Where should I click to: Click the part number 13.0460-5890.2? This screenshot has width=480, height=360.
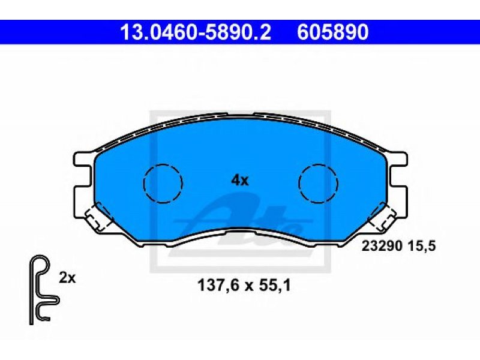[x=196, y=32]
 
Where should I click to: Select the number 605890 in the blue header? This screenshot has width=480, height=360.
[x=332, y=32]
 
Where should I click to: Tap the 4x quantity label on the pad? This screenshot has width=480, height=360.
[x=239, y=181]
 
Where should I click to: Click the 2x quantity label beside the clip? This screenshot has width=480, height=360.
[x=67, y=278]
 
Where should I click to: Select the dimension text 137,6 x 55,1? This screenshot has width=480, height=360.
[x=244, y=286]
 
